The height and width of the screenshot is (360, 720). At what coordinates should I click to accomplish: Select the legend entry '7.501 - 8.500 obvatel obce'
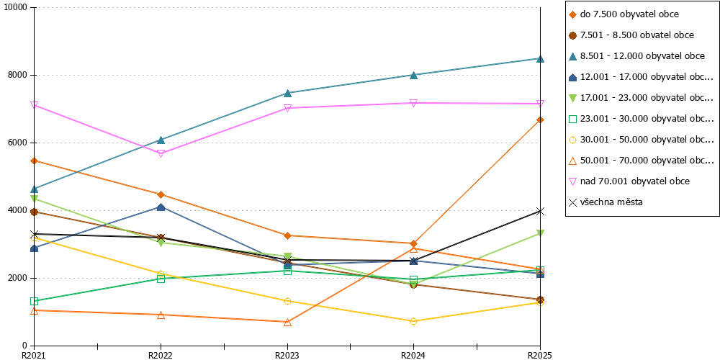(x=637, y=35)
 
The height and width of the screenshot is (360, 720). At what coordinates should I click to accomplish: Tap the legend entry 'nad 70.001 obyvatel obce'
(x=634, y=181)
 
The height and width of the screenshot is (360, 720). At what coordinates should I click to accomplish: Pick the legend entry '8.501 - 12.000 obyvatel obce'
(x=642, y=56)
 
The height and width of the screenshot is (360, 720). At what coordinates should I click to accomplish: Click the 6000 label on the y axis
(x=18, y=143)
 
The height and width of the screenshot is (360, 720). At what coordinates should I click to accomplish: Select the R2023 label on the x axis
(x=287, y=355)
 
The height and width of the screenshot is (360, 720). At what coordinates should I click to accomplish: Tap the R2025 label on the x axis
(x=539, y=355)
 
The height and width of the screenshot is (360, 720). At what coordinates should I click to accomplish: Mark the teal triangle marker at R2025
(x=541, y=59)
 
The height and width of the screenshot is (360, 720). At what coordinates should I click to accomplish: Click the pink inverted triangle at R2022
(x=161, y=153)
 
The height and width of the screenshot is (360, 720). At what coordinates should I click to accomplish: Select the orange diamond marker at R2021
(x=34, y=161)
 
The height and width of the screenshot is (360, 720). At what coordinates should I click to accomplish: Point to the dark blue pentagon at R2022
(x=161, y=207)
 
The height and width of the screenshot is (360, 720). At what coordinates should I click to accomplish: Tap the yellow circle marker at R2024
(x=414, y=321)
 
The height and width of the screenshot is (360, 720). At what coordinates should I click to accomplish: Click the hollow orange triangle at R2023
(x=287, y=323)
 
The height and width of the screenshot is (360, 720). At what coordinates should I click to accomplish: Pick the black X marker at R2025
(x=541, y=211)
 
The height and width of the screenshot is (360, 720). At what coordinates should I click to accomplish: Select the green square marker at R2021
(x=34, y=301)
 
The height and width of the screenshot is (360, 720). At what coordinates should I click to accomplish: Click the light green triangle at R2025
(x=541, y=233)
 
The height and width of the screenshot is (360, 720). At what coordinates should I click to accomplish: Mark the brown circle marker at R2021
(x=34, y=212)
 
